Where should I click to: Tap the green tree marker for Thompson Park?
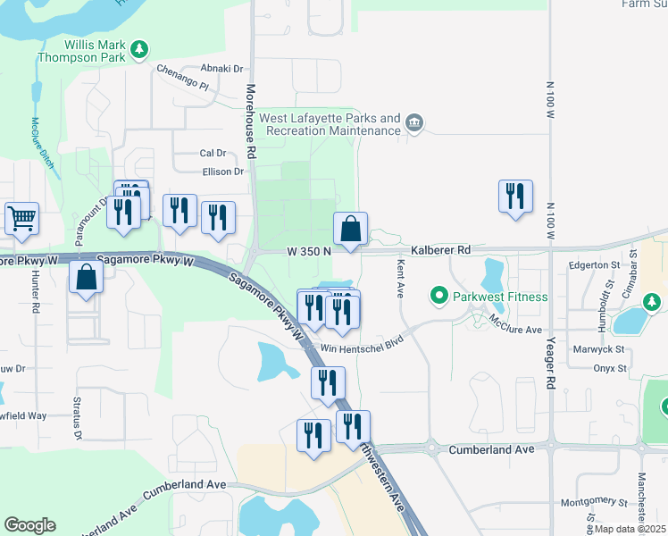pos(138,49)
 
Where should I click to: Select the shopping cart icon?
pos(21,218)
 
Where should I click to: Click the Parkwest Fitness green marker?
pos(438,295)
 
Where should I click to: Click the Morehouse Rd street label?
pos(251,122)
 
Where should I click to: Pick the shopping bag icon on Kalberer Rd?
pos(352,229)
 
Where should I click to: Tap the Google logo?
pos(29,525)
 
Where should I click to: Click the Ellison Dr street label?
pos(223,172)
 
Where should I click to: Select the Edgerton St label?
pos(594,266)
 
